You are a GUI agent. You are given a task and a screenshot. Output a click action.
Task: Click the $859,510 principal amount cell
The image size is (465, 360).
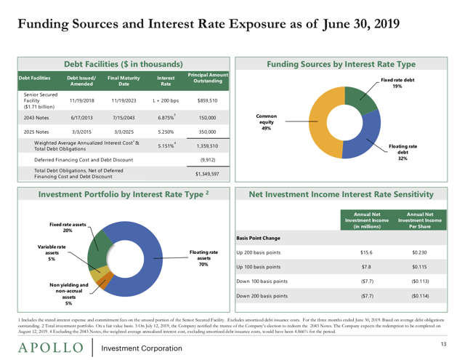pos(208,100)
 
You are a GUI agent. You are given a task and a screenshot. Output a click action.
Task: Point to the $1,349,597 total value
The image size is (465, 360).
pos(208,174)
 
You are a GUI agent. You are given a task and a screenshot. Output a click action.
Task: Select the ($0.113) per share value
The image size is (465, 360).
pos(420,281)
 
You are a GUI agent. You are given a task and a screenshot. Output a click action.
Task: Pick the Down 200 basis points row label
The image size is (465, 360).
pos(262,296)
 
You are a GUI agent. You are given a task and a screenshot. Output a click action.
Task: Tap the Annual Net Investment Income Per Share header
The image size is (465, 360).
pos(420,220)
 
